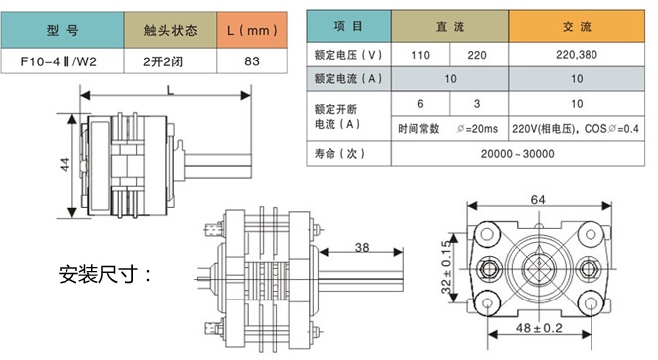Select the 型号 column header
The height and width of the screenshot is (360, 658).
tap(63, 30)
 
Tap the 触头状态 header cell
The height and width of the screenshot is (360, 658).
tap(171, 30)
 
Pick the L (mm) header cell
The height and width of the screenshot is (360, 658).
tap(252, 30)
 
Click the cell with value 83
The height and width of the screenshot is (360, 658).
tap(252, 61)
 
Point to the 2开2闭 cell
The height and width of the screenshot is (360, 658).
tap(171, 61)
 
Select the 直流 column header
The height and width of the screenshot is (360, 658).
tap(450, 26)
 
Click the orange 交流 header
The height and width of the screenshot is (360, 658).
tap(577, 26)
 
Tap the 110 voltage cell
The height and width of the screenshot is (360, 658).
tap(420, 55)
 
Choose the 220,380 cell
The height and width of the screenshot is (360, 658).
tap(577, 55)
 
